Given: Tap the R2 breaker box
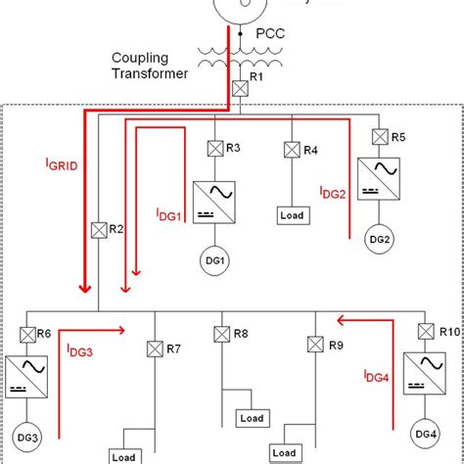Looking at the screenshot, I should point(98,231).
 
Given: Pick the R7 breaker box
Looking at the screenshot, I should point(153,348).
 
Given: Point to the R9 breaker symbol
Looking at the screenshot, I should point(314,345).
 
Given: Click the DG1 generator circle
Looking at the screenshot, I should point(215,260).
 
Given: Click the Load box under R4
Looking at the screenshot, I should point(291,213).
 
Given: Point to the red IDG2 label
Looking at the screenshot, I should point(332,193).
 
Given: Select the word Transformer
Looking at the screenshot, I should point(146,72).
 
